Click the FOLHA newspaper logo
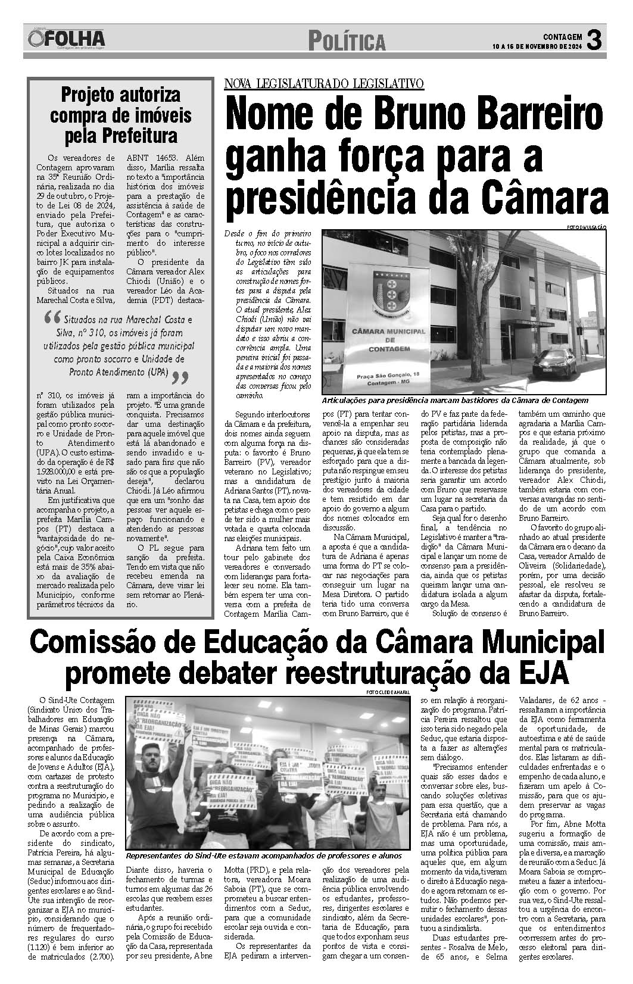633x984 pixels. point(66,40)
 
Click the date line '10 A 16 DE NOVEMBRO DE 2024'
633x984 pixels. point(537,46)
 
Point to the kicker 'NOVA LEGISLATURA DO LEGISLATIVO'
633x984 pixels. point(324,84)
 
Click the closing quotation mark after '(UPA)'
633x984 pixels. point(180,378)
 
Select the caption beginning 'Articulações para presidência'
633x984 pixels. point(454,400)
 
